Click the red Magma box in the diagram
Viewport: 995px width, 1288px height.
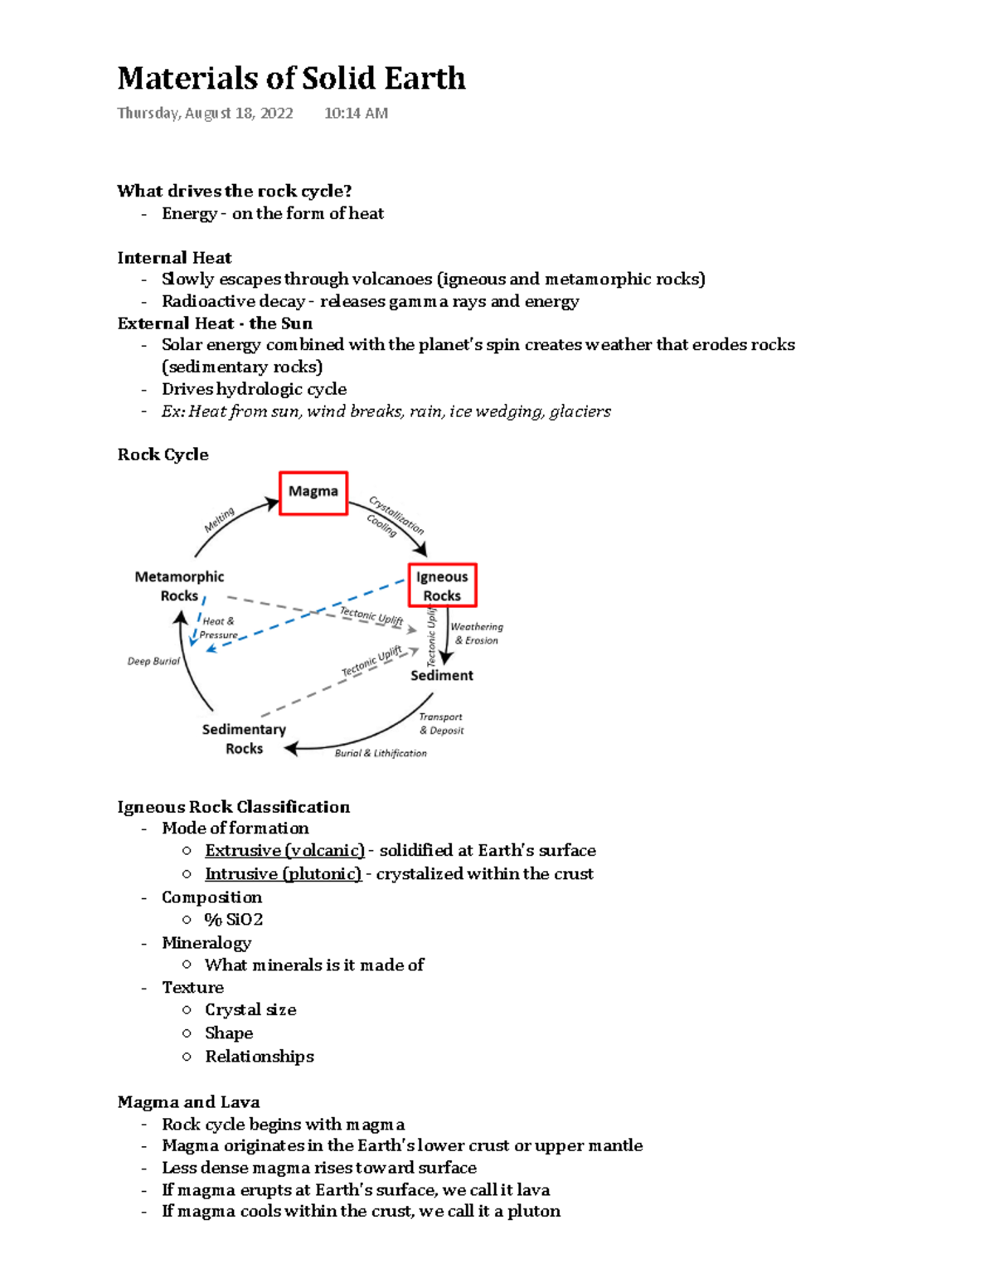313,493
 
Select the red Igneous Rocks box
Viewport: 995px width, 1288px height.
442,586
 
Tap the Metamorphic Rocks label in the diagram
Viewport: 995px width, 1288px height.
179,586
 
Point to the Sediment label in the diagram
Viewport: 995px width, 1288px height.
442,675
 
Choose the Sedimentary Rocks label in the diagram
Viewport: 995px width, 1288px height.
244,738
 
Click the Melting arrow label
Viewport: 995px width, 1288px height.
220,520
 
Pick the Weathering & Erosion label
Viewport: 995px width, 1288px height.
477,634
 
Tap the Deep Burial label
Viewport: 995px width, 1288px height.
153,661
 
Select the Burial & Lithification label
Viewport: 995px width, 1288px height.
381,753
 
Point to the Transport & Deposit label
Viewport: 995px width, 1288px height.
441,723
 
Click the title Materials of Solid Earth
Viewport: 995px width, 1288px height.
291,78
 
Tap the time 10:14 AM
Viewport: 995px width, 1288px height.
356,113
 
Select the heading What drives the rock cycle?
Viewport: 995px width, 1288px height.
235,191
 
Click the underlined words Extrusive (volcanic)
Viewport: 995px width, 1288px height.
284,850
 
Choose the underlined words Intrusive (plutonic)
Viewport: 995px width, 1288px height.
283,873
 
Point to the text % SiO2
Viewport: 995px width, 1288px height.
234,919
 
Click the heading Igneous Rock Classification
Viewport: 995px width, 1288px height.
233,806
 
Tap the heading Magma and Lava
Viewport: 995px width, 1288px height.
188,1101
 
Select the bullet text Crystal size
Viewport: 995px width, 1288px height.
250,1009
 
